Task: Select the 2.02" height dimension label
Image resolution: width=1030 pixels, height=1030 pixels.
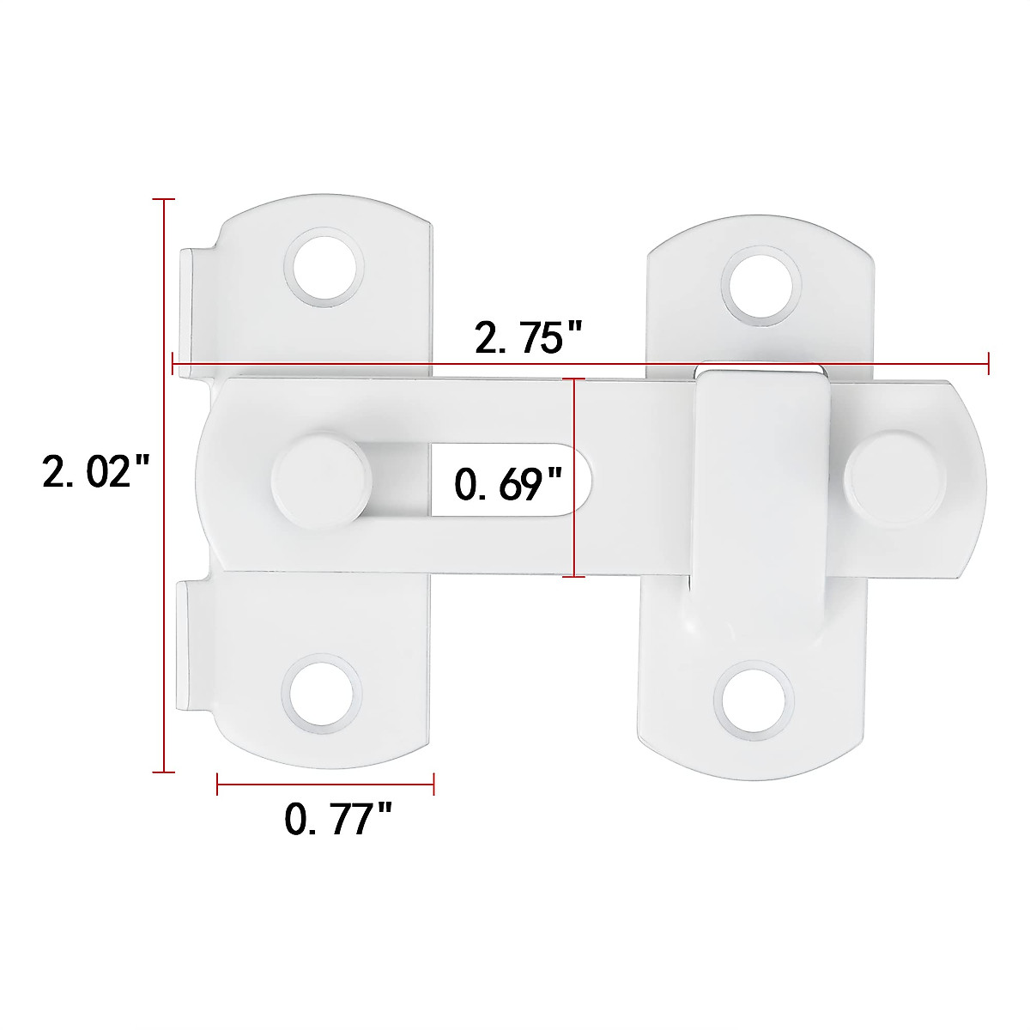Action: [x=96, y=472]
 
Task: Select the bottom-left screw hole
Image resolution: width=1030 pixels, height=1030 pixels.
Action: [x=320, y=693]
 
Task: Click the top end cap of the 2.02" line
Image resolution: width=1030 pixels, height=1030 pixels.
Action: [x=163, y=199]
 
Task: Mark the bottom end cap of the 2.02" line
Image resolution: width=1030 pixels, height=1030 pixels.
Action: [x=163, y=772]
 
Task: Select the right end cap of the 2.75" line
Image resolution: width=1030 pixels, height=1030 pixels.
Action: [x=990, y=364]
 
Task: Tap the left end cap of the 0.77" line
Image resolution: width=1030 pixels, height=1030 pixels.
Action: [x=218, y=783]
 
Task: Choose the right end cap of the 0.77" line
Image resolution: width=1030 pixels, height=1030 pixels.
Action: [x=433, y=783]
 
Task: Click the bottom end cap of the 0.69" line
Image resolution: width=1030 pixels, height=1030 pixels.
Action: [x=573, y=577]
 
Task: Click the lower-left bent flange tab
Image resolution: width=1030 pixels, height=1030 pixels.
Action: [x=191, y=645]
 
